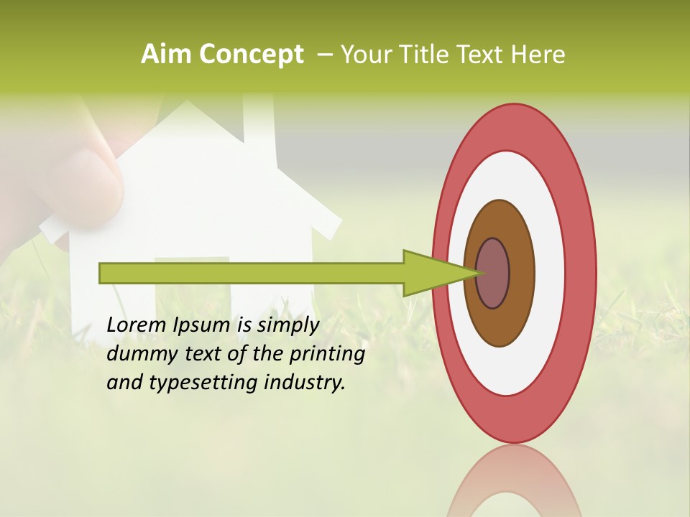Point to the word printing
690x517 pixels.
(x=326, y=355)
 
